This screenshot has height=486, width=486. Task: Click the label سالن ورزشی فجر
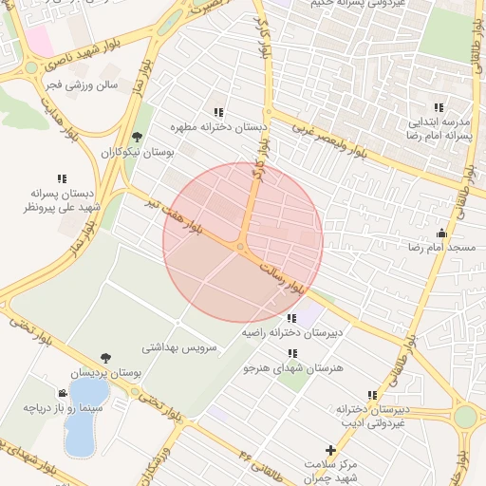pyautogui.click(x=89, y=84)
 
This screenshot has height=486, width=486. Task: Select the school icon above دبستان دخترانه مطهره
pyautogui.click(x=220, y=112)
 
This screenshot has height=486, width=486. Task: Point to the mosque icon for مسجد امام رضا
pyautogui.click(x=441, y=234)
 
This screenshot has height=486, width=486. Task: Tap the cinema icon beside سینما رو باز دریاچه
pyautogui.click(x=63, y=393)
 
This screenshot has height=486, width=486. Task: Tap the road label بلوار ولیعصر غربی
pyautogui.click(x=340, y=140)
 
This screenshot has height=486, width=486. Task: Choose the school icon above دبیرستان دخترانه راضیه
pyautogui.click(x=290, y=318)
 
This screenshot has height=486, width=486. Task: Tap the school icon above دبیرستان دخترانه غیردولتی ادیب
pyautogui.click(x=372, y=395)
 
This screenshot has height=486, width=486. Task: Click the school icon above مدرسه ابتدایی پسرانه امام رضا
pyautogui.click(x=439, y=108)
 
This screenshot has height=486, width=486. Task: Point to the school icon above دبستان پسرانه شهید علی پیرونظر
pyautogui.click(x=62, y=178)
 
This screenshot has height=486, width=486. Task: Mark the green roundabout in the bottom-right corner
pyautogui.click(x=465, y=417)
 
